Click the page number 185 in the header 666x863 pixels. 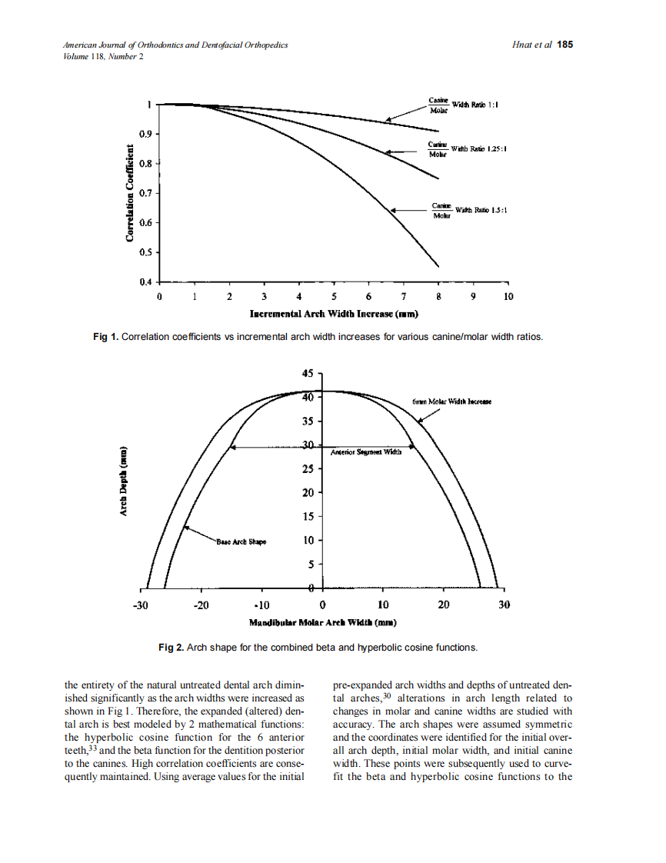click(x=565, y=45)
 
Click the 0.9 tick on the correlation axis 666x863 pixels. click(x=145, y=134)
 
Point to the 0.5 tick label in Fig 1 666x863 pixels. click(x=145, y=252)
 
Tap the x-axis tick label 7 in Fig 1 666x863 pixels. click(x=403, y=296)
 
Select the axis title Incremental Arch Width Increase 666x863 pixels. click(x=334, y=314)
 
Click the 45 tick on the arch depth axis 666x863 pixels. click(x=308, y=373)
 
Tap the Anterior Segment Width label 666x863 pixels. click(x=366, y=453)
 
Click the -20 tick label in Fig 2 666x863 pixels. click(x=201, y=605)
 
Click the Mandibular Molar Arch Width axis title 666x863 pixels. click(x=322, y=621)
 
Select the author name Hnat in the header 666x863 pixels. click(x=523, y=45)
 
